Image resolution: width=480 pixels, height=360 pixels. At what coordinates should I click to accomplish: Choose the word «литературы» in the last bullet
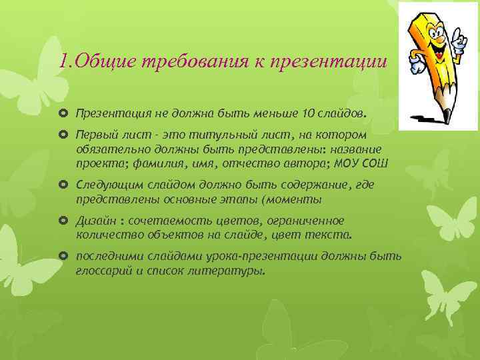click(x=232, y=271)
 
